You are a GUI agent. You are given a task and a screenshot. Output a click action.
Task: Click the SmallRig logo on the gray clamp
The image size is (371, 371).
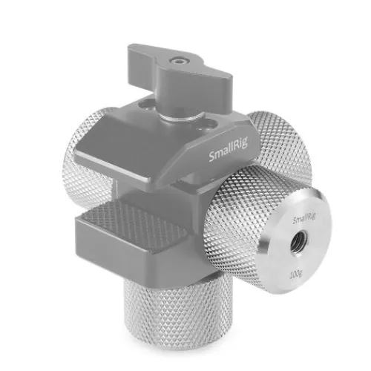[x=228, y=150]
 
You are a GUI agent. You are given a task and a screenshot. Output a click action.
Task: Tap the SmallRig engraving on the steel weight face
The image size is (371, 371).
[x=304, y=219]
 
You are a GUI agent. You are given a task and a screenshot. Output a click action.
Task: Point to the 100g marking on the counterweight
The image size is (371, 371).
[x=296, y=274]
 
